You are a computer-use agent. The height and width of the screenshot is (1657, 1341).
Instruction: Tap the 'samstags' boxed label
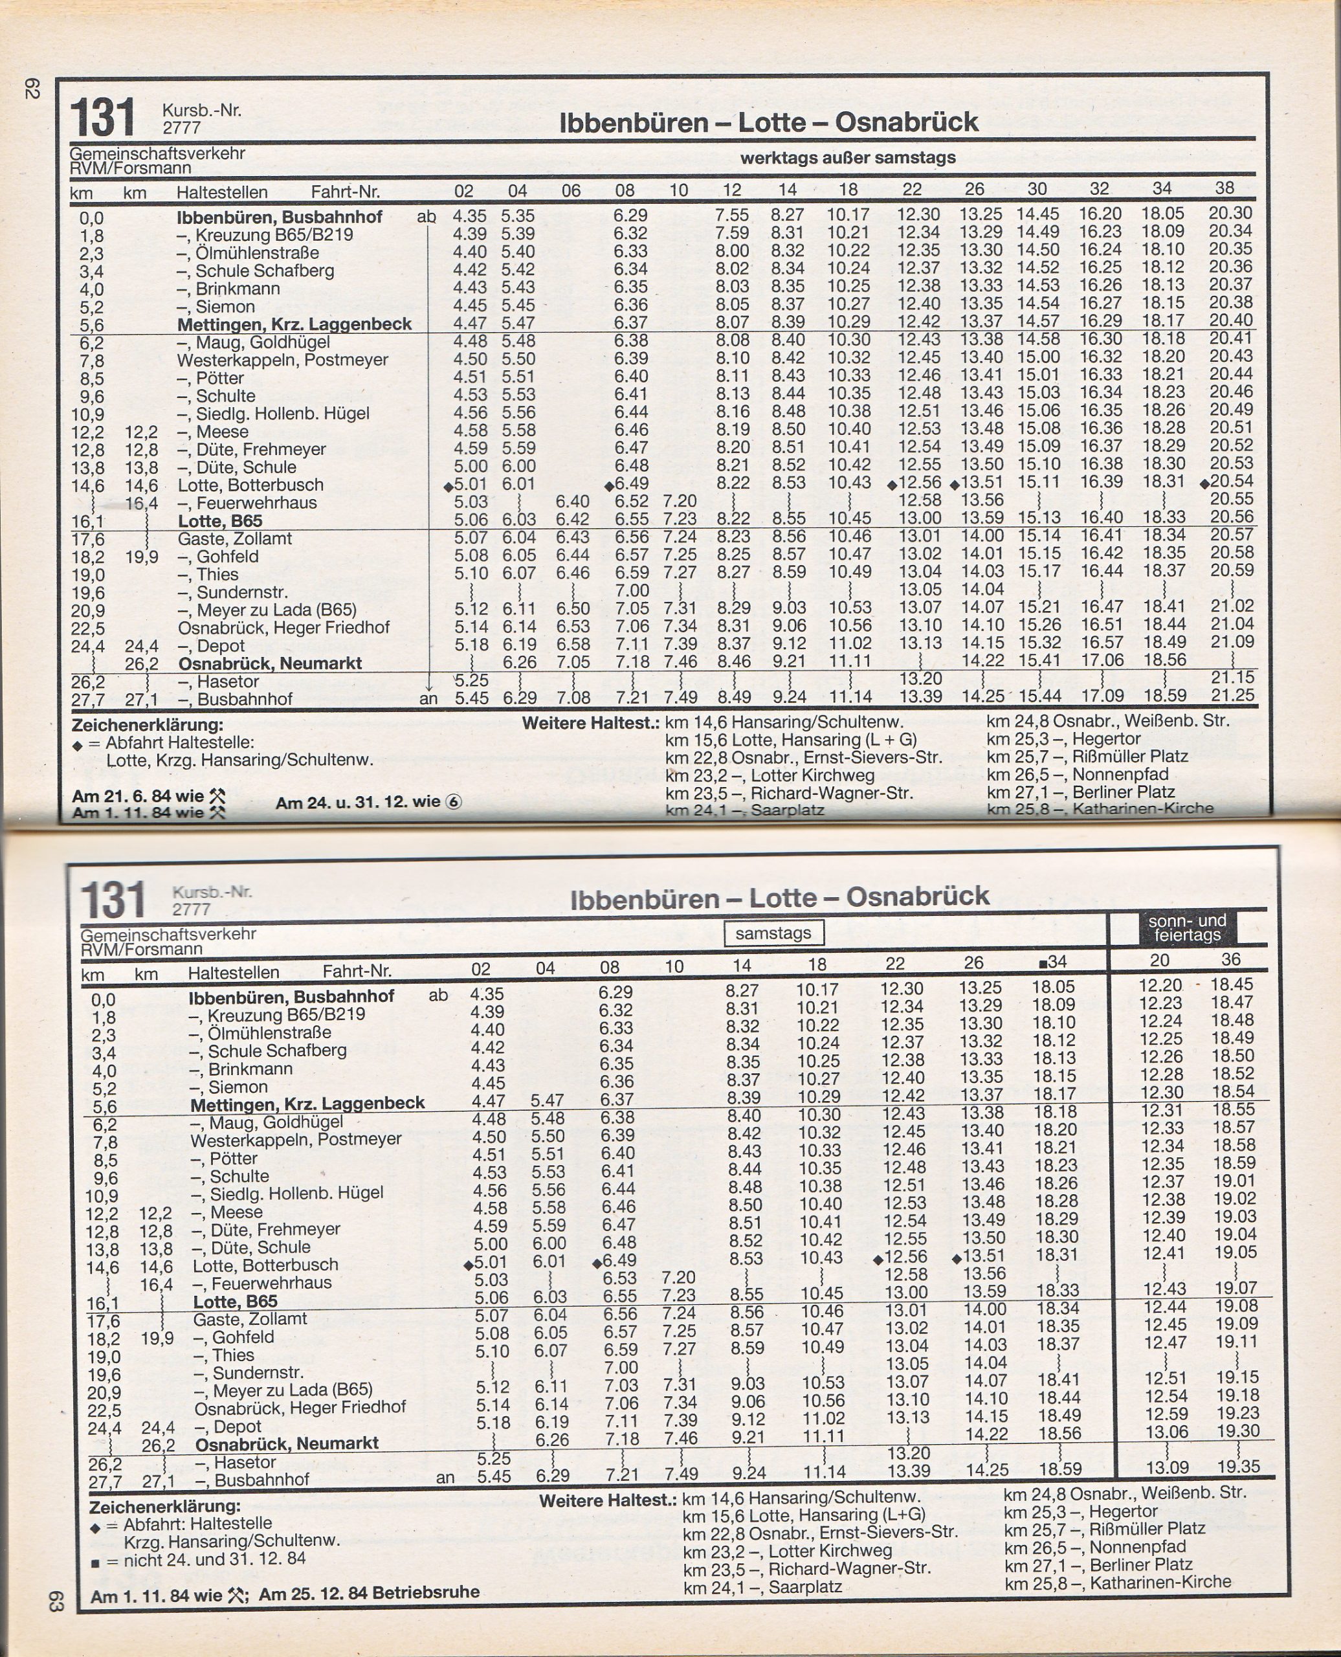(773, 933)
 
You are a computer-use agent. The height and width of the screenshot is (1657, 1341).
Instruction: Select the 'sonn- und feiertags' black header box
(1187, 928)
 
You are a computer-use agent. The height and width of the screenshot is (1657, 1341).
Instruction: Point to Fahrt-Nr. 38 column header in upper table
(1225, 188)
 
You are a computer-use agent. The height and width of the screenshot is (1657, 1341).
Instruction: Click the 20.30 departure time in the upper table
(1230, 212)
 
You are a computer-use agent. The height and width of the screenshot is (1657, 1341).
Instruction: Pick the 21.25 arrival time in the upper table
(1232, 695)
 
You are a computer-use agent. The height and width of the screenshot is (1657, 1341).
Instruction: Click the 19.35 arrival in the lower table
(1237, 1466)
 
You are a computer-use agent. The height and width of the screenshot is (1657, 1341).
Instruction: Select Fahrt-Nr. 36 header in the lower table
(1230, 959)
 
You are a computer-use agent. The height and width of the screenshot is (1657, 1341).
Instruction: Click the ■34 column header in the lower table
(1053, 962)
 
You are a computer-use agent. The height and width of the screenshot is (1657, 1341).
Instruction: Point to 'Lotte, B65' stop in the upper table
(220, 520)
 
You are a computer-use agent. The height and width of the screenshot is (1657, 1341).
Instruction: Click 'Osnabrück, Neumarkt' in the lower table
(287, 1443)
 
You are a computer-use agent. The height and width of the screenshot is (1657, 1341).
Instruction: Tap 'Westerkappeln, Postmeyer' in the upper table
(282, 360)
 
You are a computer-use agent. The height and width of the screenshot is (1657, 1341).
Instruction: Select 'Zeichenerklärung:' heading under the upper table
(147, 726)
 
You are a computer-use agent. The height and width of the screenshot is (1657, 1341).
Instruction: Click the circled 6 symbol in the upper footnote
(454, 802)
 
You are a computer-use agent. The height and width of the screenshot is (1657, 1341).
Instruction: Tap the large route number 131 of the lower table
(113, 899)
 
